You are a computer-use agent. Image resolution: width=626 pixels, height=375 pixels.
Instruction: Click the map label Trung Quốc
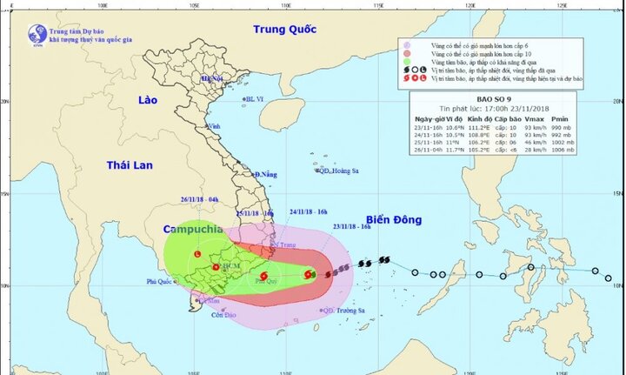284,30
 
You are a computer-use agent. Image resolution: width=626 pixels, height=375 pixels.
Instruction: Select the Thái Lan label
130,164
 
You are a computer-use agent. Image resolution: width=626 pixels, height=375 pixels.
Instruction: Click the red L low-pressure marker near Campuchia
197,254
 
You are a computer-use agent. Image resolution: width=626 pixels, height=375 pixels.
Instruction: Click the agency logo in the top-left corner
37,34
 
